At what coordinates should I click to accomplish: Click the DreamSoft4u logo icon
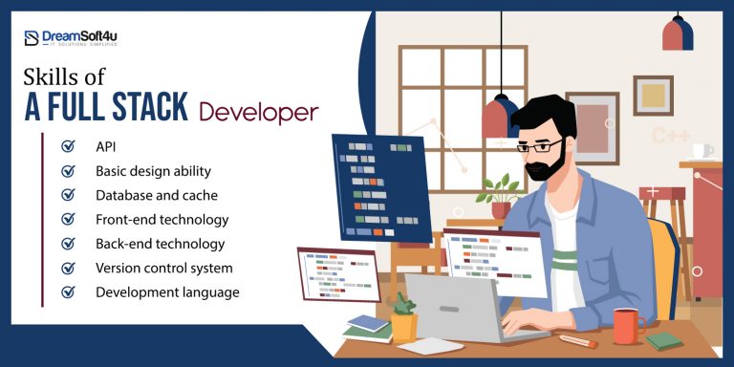[x=32, y=38]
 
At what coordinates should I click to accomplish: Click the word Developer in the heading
[x=258, y=112]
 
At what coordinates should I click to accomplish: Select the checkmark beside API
[x=68, y=147]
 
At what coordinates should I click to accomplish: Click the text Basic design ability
[x=153, y=171]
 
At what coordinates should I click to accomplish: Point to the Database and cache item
[x=156, y=195]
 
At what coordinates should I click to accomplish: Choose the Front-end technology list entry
[x=162, y=220]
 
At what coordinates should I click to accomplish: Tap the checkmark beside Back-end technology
[x=68, y=244]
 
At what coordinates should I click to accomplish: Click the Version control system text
[x=163, y=269]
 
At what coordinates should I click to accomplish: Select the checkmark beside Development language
[x=68, y=292]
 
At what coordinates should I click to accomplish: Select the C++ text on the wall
[x=671, y=136]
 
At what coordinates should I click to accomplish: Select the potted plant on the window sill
[x=500, y=197]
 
